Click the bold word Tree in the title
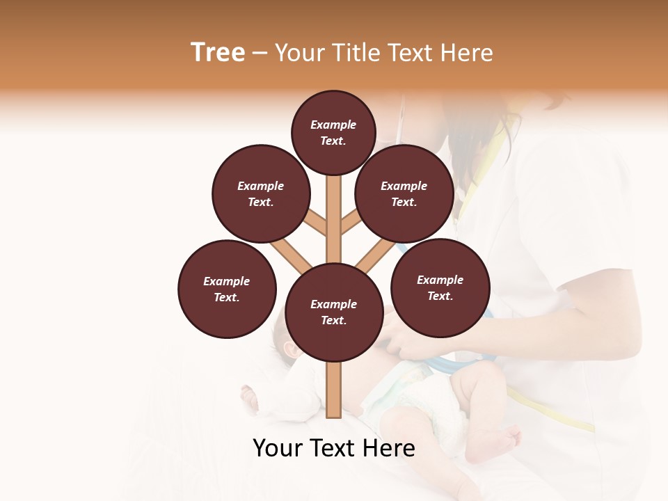pos(218,53)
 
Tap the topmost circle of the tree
pos(333,132)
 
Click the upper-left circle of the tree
pos(261,193)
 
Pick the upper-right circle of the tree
pos(404,193)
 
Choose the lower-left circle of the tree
pos(227,289)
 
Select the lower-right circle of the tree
pos(440,287)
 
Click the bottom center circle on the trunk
pos(334,312)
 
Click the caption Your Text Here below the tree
pos(334,448)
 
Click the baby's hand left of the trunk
pos(248,397)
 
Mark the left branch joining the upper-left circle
pos(314,224)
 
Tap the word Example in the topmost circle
pos(333,125)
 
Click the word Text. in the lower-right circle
pos(440,296)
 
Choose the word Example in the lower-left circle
pos(227,281)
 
